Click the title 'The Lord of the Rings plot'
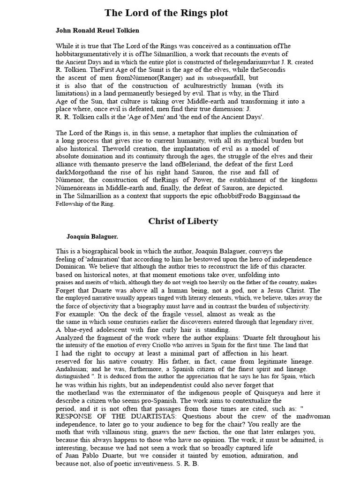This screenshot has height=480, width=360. coord(166,13)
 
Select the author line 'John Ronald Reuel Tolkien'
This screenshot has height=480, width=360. coord(97,30)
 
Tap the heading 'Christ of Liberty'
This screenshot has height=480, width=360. coord(183,221)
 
